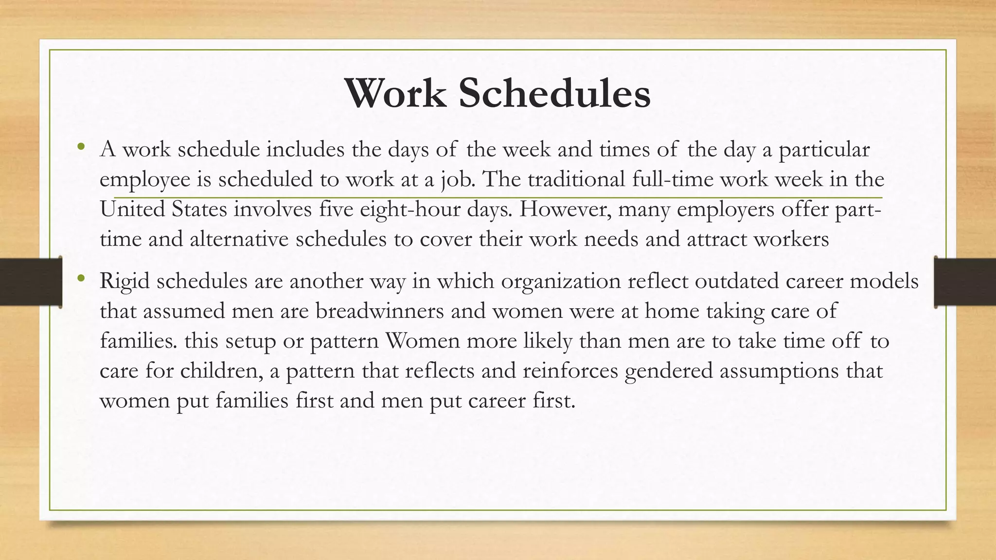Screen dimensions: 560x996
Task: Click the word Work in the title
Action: tap(395, 93)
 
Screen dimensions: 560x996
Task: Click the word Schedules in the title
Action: tap(554, 93)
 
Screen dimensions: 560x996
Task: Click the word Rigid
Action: tap(124, 281)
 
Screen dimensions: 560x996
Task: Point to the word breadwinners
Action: tap(380, 311)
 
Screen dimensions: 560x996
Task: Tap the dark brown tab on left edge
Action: tap(31, 282)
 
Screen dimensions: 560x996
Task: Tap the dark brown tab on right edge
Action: tap(965, 282)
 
